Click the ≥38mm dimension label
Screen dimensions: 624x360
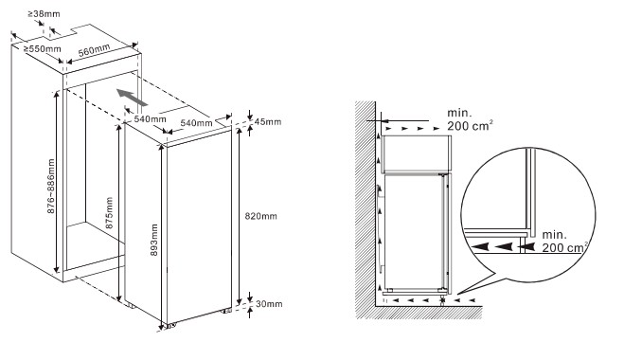44,14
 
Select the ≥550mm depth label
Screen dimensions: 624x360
43,49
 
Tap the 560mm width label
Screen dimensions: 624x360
94,50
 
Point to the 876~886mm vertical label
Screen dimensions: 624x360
51,186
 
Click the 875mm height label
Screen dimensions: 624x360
109,212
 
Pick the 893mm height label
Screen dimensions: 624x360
154,240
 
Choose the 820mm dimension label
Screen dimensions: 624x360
260,216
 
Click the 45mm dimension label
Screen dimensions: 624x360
268,121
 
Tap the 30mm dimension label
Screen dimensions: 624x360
269,304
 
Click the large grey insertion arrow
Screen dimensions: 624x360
133,98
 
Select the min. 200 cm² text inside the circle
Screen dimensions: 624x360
564,241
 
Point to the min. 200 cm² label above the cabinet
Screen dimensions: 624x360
470,119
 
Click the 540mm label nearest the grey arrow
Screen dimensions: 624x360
150,118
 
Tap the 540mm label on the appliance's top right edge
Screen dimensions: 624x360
196,122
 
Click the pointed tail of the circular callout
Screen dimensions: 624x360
457,295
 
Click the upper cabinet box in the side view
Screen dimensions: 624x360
417,154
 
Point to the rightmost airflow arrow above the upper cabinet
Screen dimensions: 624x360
437,129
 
